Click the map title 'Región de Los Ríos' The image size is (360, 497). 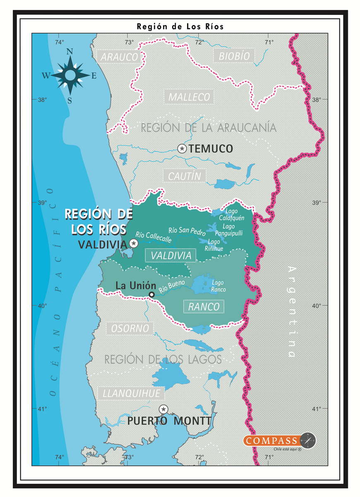click(x=180, y=27)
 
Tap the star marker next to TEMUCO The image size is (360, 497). click(x=182, y=148)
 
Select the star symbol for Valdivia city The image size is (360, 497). click(x=134, y=244)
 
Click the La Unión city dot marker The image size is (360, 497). click(x=152, y=294)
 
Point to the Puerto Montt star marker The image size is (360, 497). click(x=163, y=409)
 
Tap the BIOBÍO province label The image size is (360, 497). click(x=234, y=55)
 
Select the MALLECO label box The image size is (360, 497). click(x=189, y=97)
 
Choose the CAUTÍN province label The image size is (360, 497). click(x=184, y=176)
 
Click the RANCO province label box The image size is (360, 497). click(x=203, y=307)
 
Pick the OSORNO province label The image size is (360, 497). click(x=130, y=328)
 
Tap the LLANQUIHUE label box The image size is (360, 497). click(x=131, y=393)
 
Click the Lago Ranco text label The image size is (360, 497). click(x=218, y=286)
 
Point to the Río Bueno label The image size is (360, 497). click(x=172, y=286)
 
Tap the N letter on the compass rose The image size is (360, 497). click(x=70, y=52)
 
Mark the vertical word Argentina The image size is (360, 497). click(x=292, y=311)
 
